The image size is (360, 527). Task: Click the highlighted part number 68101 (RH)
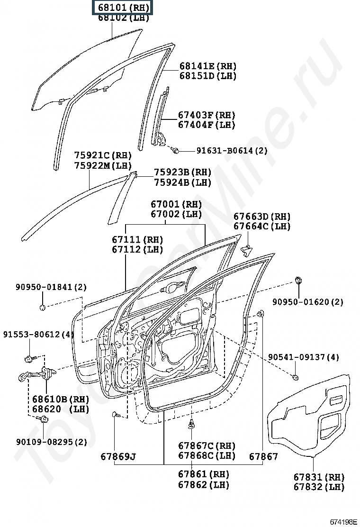pyautogui.click(x=123, y=8)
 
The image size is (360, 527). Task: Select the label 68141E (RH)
pyautogui.click(x=207, y=66)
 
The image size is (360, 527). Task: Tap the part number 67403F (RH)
pyautogui.click(x=207, y=115)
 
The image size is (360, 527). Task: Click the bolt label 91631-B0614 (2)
pyautogui.click(x=232, y=151)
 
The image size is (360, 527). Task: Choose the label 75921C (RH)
pyautogui.click(x=103, y=155)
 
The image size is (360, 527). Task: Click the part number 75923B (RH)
pyautogui.click(x=182, y=173)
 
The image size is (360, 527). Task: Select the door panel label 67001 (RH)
pyautogui.click(x=176, y=205)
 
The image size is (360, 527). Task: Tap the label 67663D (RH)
pyautogui.click(x=262, y=217)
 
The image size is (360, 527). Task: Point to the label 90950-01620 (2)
pyautogui.click(x=308, y=301)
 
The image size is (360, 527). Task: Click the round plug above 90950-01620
pyautogui.click(x=299, y=280)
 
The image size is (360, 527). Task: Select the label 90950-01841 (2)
pyautogui.click(x=51, y=287)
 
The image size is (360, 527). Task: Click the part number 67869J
pyautogui.click(x=118, y=457)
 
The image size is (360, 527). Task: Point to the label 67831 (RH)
pyautogui.click(x=319, y=477)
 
